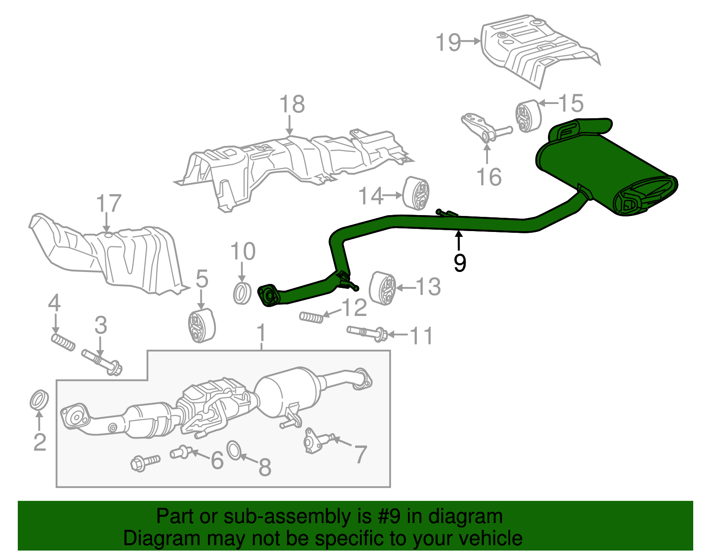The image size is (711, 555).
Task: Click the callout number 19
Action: (x=448, y=43)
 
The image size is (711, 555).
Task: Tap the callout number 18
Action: (x=292, y=105)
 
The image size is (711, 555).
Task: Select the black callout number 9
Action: (x=460, y=263)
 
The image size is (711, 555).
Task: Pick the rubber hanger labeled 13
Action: (x=382, y=288)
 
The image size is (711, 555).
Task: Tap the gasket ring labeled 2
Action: (x=40, y=400)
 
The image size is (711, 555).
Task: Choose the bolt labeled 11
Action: (x=367, y=333)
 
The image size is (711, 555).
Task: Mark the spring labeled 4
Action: (x=63, y=342)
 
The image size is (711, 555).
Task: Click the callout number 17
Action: (x=109, y=204)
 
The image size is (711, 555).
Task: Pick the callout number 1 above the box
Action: (x=261, y=333)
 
